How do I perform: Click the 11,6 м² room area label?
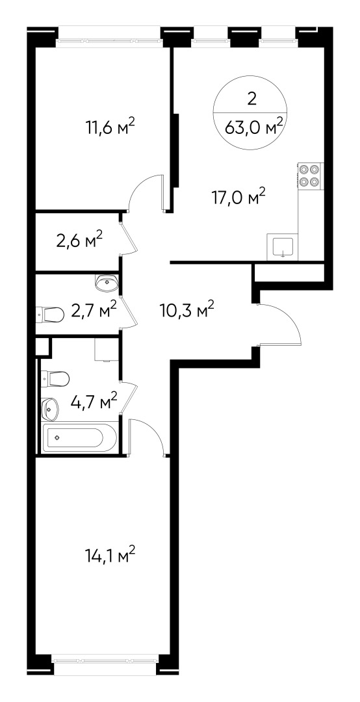(x=110, y=127)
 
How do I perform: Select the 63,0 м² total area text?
(x=253, y=125)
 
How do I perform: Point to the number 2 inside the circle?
(x=251, y=99)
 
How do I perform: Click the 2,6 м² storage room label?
(x=80, y=242)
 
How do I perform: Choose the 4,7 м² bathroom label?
(x=94, y=399)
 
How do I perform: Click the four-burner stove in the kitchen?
(x=310, y=175)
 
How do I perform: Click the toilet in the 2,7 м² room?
(x=49, y=315)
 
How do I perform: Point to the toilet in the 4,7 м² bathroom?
(x=55, y=378)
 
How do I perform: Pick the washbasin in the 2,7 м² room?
(x=106, y=282)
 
